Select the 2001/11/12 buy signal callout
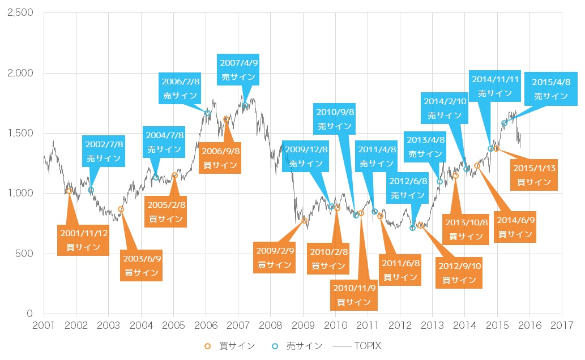(x=83, y=239)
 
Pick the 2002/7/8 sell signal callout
(x=104, y=151)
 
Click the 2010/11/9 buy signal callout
(x=354, y=294)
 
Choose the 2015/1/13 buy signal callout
(x=534, y=174)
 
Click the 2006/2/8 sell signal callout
(x=180, y=88)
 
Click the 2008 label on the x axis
(x=270, y=326)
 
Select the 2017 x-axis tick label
(x=562, y=326)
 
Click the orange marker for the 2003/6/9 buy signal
(x=121, y=209)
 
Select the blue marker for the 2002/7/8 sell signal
(x=91, y=190)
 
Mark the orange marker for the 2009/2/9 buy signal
(x=304, y=221)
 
